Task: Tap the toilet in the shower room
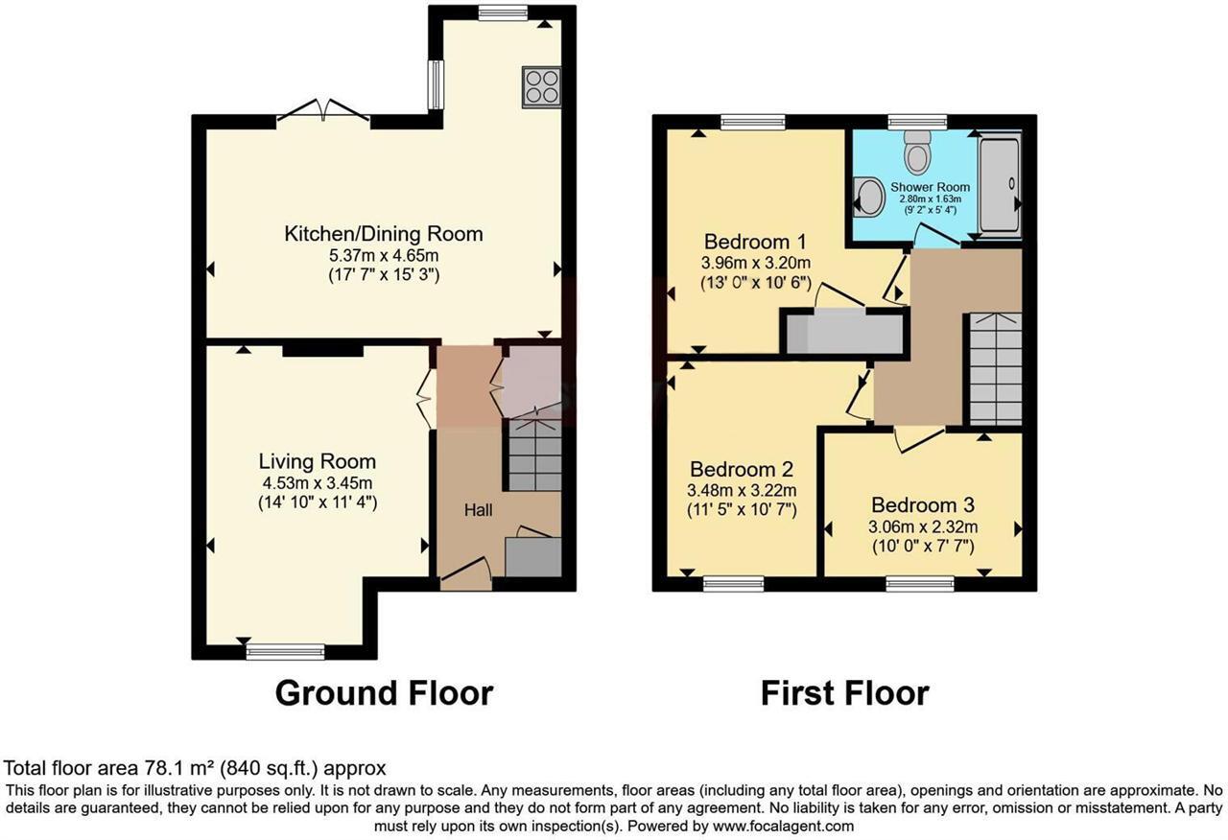917,151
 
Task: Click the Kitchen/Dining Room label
383,233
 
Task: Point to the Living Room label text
317,461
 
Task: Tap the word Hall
478,510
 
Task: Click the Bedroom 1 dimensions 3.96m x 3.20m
755,263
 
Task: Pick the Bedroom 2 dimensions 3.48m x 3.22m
742,490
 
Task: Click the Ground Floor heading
384,692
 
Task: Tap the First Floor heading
844,692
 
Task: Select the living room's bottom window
285,652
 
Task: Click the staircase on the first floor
995,368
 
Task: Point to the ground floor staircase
534,455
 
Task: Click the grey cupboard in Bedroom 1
844,335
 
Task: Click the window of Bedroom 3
919,583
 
